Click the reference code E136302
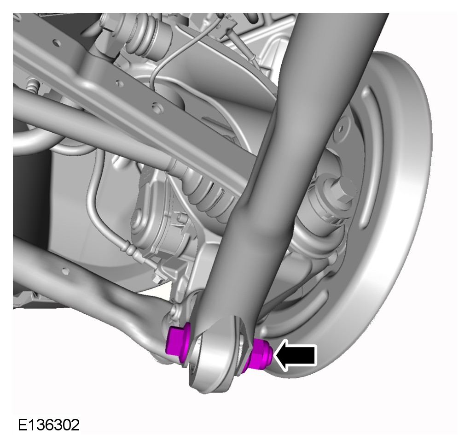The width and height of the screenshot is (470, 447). pyautogui.click(x=49, y=425)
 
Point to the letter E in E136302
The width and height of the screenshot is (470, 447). pyautogui.click(x=23, y=425)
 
